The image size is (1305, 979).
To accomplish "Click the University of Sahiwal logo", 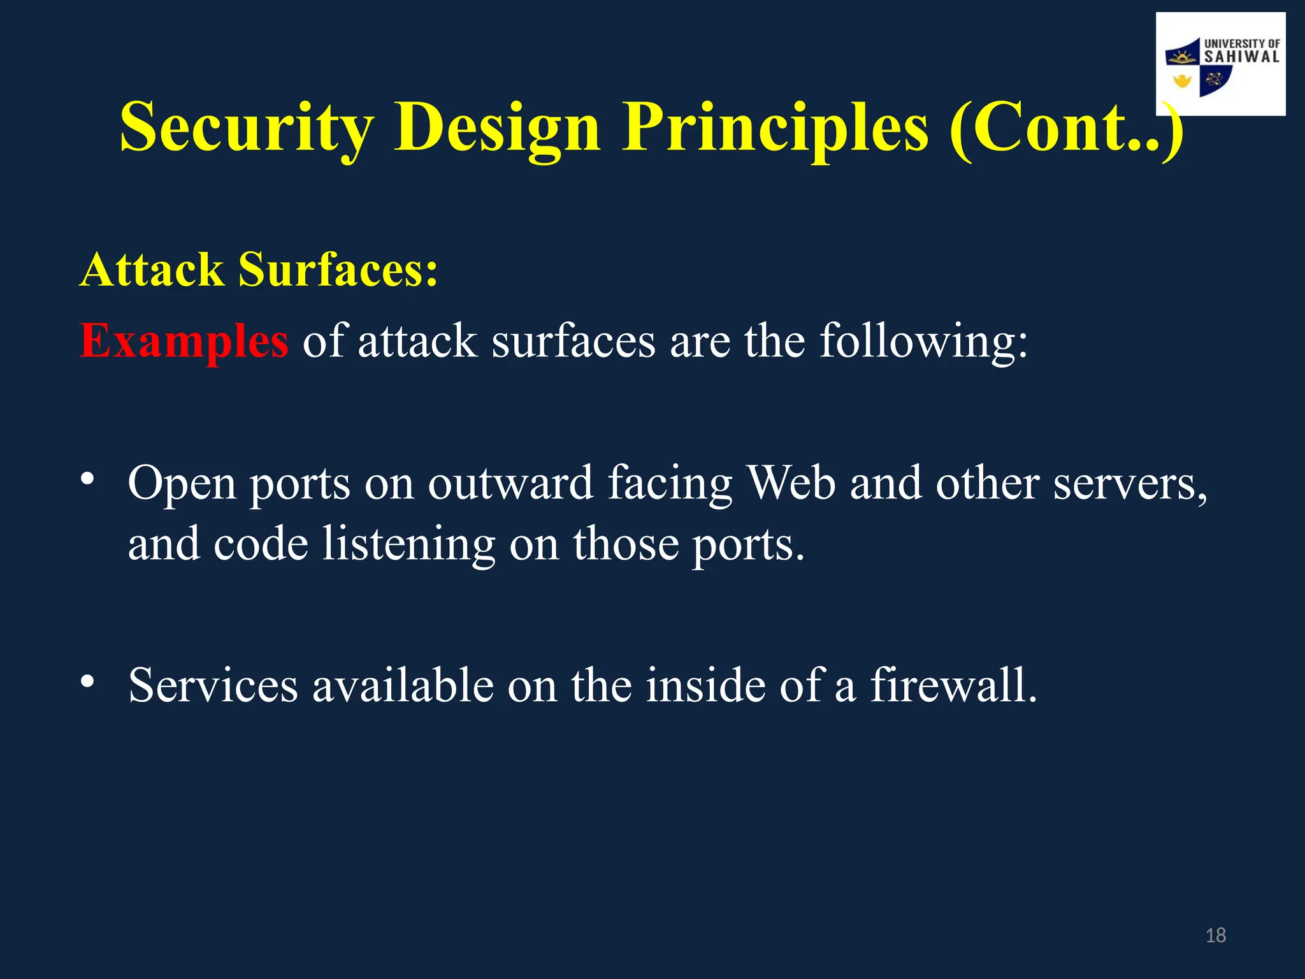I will (1220, 64).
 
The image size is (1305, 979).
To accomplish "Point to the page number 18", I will (1216, 935).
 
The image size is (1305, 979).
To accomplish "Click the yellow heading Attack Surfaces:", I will (259, 270).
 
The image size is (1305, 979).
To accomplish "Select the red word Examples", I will (184, 341).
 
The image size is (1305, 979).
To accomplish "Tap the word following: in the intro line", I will (923, 341).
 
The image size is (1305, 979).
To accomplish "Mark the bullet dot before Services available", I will (87, 681).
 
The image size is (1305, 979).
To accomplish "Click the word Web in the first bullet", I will (791, 483).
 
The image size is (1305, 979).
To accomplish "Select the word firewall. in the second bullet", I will (953, 685).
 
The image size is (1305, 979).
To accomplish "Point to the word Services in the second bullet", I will (213, 685).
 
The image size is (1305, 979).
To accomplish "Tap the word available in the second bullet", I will (403, 685).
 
